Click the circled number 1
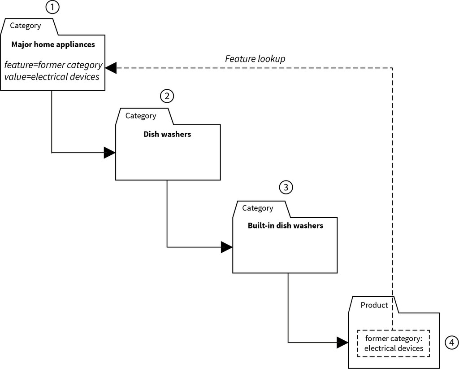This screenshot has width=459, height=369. (x=52, y=7)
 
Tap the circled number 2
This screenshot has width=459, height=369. (x=167, y=96)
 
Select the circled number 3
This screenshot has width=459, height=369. (x=286, y=187)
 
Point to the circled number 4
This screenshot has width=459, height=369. (x=451, y=343)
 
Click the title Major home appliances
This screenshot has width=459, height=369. (x=53, y=44)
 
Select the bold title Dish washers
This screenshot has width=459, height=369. (x=167, y=134)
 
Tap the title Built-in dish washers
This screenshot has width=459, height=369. (x=285, y=225)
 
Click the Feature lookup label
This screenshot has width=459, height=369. (x=255, y=59)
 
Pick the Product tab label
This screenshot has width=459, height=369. (x=374, y=305)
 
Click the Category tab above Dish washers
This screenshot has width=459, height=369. (x=141, y=116)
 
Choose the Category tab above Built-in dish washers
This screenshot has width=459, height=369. (x=257, y=208)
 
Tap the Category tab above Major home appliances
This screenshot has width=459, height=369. (x=26, y=26)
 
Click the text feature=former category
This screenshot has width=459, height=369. (x=53, y=65)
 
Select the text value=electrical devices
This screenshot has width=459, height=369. (x=52, y=77)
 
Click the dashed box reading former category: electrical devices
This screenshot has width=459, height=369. (x=394, y=343)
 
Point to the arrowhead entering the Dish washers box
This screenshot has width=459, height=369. (x=110, y=153)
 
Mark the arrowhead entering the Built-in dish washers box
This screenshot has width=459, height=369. (x=227, y=247)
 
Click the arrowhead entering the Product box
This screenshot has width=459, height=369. (x=342, y=343)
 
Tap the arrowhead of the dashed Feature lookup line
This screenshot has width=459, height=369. (x=111, y=67)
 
